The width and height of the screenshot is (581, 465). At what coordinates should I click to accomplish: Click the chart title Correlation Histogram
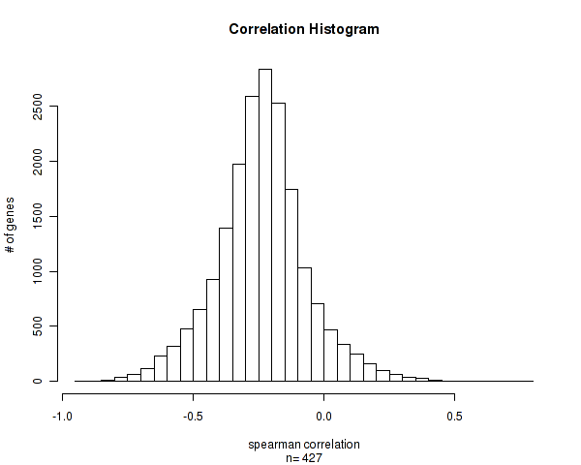(303, 29)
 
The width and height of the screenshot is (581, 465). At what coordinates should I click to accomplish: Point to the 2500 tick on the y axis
(40, 106)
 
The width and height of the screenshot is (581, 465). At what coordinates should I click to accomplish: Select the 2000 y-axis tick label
(40, 161)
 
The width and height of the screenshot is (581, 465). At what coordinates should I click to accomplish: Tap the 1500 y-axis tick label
(40, 216)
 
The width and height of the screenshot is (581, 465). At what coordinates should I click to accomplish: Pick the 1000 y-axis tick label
(40, 271)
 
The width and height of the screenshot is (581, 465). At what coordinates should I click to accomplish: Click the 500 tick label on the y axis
(40, 325)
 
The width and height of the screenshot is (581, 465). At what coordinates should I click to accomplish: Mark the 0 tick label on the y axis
(40, 381)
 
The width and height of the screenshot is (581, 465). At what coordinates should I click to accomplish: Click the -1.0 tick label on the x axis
(62, 417)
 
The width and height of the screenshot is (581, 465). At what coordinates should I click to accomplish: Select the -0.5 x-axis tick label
(193, 417)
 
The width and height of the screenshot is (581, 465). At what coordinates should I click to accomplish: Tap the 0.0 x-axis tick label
(323, 417)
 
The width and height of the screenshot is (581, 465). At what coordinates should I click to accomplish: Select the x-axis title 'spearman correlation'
(303, 445)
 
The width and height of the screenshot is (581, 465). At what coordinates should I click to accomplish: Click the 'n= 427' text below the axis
(303, 457)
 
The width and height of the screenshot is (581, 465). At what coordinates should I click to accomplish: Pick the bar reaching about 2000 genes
(239, 272)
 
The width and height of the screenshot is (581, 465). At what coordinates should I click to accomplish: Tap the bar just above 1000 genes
(304, 324)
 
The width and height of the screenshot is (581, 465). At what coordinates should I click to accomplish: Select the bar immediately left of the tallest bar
(252, 238)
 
